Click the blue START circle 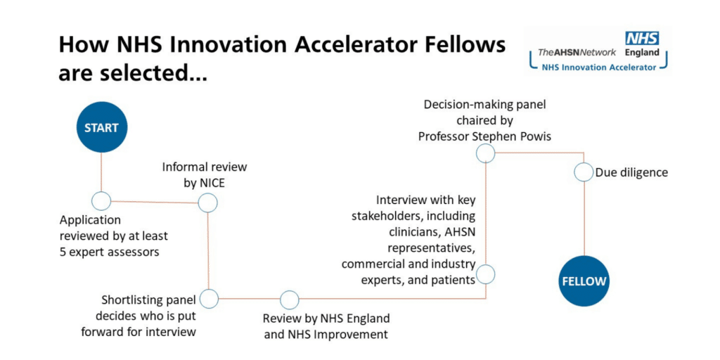(x=101, y=127)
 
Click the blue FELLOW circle (x=584, y=281)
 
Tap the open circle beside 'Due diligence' (x=584, y=173)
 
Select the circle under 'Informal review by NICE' (x=207, y=202)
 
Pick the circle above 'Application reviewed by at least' (x=101, y=200)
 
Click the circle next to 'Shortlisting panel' (x=210, y=298)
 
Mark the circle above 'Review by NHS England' (x=289, y=300)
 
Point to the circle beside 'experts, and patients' (x=485, y=274)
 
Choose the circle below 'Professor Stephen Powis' (x=485, y=153)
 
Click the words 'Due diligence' (x=631, y=173)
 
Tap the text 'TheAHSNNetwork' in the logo (x=577, y=53)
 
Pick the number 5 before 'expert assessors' (x=63, y=252)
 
